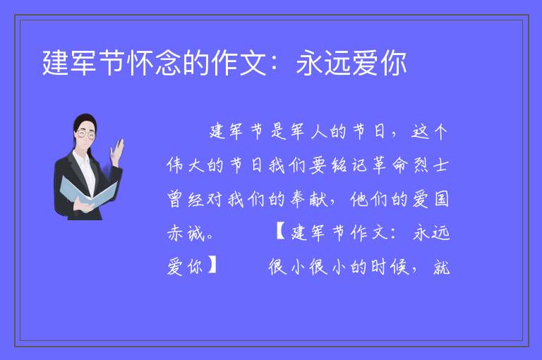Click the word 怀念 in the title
[155, 63]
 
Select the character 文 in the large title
[253, 63]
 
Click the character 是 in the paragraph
[279, 131]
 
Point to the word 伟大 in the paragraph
[185, 165]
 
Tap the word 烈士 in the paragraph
[430, 165]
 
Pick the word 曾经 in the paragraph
[185, 199]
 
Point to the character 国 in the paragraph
[441, 199]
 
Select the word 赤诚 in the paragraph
[185, 234]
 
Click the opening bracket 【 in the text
[281, 232]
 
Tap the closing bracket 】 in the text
[212, 266]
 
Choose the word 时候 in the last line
[390, 267]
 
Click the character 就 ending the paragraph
[441, 267]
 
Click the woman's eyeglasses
[86, 134]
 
